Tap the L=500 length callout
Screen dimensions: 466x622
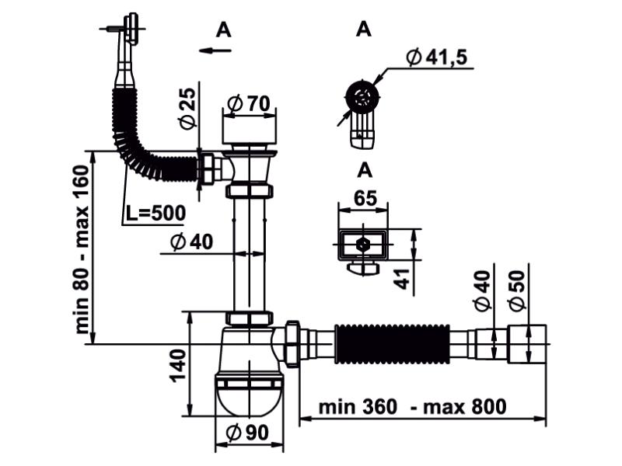155,212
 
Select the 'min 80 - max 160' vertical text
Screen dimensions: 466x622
83,251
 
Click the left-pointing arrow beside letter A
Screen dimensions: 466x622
215,50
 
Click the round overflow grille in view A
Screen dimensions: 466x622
361,97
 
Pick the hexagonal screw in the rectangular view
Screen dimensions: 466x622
363,244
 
